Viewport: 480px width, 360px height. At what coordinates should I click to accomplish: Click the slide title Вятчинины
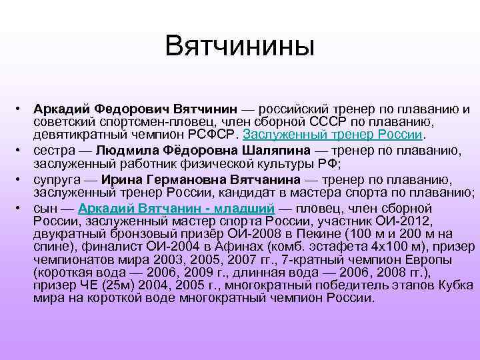pyautogui.click(x=239, y=47)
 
